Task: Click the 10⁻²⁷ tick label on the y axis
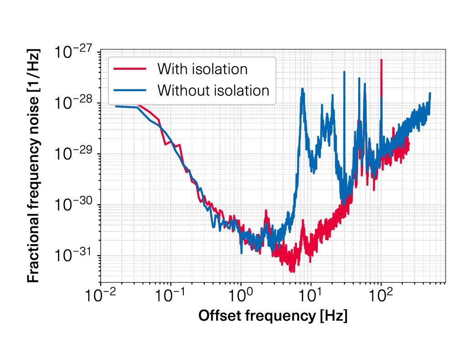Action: point(73,52)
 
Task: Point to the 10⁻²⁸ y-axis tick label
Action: point(73,103)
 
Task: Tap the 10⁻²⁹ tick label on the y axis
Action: point(73,154)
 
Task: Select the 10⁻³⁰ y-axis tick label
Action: point(73,205)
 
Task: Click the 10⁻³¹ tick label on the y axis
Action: point(73,255)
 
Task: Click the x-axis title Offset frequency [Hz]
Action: point(273,316)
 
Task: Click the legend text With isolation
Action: point(202,69)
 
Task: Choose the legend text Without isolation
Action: point(213,90)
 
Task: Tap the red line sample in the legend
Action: point(130,69)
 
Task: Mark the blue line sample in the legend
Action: point(130,90)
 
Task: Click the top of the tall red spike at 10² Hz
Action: point(381,60)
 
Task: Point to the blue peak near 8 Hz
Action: point(302,89)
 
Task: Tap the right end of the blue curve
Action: point(430,93)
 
